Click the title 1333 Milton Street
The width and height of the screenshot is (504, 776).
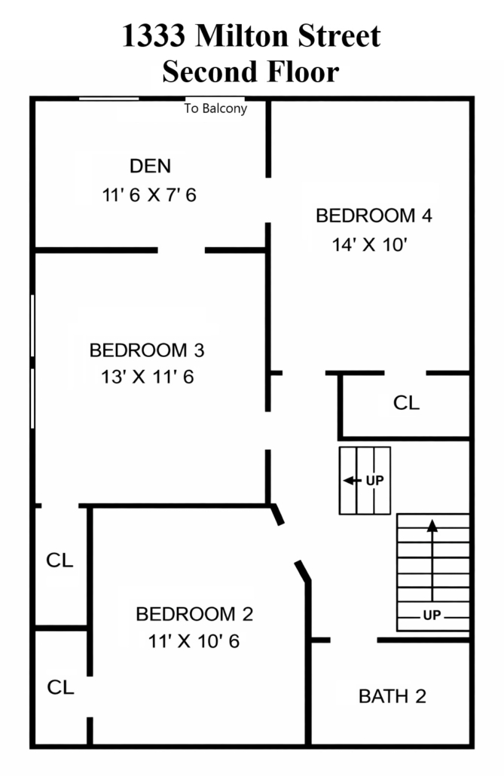[251, 35]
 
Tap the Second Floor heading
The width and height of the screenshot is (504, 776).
[251, 72]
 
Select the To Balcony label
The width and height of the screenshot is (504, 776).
[216, 108]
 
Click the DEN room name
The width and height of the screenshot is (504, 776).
[150, 166]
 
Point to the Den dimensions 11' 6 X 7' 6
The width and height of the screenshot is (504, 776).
[149, 195]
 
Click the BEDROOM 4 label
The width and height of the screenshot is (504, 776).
[374, 215]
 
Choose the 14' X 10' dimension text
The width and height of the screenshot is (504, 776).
[369, 245]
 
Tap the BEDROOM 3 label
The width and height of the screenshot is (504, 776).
[147, 350]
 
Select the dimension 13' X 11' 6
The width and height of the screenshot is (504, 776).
[147, 377]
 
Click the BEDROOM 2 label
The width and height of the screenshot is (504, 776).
[194, 614]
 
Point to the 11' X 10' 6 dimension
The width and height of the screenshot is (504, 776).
[194, 641]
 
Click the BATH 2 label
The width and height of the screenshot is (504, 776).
[392, 696]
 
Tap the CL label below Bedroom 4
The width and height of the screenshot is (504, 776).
[407, 403]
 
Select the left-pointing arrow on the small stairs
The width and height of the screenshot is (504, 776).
[352, 481]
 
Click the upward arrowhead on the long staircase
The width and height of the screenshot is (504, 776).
[432, 526]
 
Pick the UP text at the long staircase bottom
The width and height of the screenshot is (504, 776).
[432, 616]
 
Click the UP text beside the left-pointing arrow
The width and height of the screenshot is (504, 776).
[374, 481]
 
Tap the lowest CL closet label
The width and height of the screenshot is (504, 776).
[60, 687]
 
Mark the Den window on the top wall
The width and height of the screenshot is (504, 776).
[109, 99]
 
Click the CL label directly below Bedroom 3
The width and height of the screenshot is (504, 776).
[60, 561]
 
